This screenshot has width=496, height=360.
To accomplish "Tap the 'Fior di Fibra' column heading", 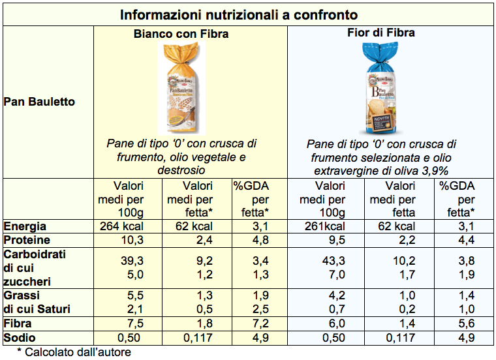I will coord(381,33).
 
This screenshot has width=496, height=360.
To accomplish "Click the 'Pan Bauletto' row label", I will coord(39,102).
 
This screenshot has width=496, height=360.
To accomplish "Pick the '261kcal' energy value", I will coord(324,226).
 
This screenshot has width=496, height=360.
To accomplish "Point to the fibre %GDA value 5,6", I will coord(465,323).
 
